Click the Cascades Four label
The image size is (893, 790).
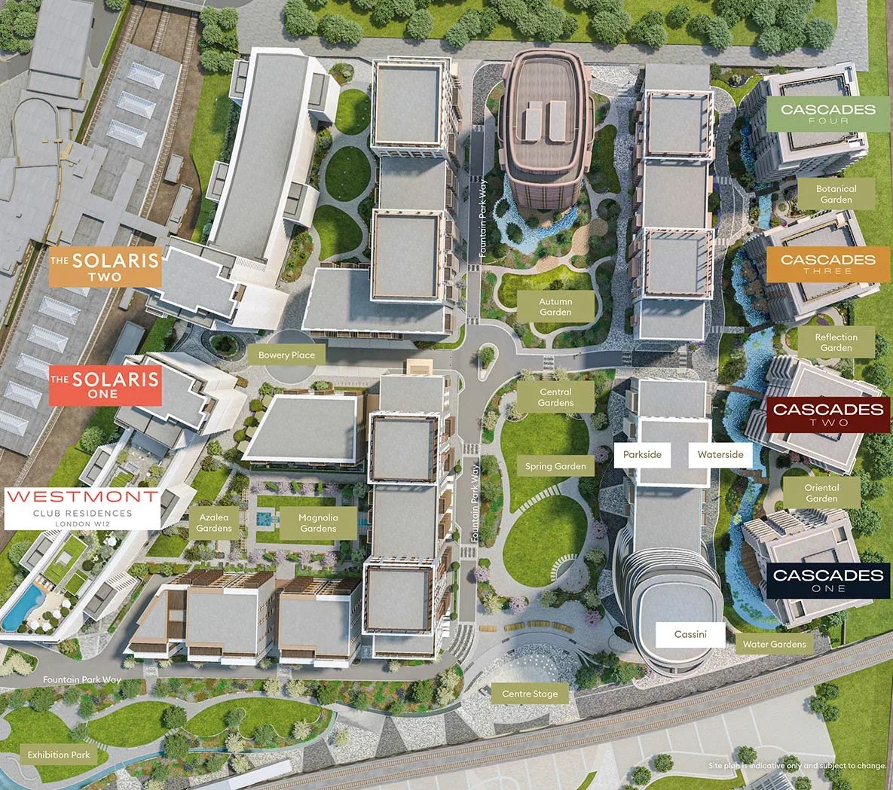point(827,114)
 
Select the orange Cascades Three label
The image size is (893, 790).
point(827,264)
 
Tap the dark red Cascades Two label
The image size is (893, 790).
point(827,414)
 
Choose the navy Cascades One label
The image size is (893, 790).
point(827,580)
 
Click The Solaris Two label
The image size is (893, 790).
point(106,267)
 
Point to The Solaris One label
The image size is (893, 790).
point(105,385)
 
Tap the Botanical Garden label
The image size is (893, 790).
point(836,194)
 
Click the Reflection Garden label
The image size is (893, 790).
point(836,343)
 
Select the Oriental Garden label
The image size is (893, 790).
point(821,493)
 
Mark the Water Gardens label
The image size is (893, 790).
point(774,644)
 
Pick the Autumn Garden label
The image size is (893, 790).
point(555,307)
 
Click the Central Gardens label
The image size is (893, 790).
point(555,397)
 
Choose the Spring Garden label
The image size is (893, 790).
point(555,466)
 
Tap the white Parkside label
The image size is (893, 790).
point(642,454)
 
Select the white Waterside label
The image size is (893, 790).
point(720,454)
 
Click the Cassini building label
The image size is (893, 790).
point(690,634)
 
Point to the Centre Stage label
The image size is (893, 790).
point(530,694)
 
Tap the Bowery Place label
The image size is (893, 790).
point(286,355)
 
